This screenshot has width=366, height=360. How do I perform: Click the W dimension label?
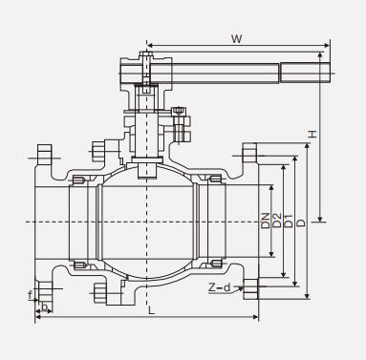point(237,39)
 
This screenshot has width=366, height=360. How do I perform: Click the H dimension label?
point(312,134)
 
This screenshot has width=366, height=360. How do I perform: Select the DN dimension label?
point(266,221)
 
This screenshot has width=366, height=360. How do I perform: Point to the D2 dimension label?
point(277,221)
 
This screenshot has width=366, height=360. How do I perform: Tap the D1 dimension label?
point(289,221)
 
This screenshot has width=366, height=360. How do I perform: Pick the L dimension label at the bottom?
point(152,310)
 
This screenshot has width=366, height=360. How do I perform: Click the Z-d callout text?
point(219,287)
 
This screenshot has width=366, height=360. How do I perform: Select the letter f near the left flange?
point(31,295)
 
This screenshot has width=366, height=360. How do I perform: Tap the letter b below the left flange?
point(45,307)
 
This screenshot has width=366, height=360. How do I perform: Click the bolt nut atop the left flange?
point(45,155)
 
